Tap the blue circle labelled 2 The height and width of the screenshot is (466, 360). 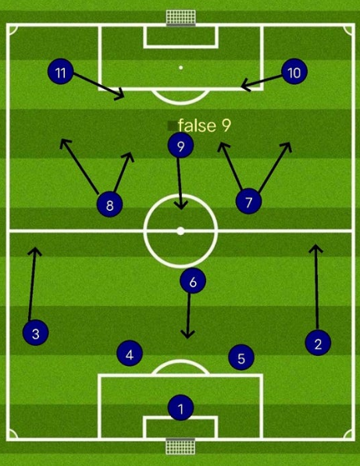pyautogui.click(x=318, y=343)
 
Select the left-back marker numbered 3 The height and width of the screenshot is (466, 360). pyautogui.click(x=36, y=333)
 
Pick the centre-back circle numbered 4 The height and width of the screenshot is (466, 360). pyautogui.click(x=130, y=353)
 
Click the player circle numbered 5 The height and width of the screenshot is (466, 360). pyautogui.click(x=241, y=358)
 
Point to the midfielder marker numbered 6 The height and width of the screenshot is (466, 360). pyautogui.click(x=193, y=280)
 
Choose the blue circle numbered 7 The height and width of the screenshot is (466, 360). pyautogui.click(x=248, y=201)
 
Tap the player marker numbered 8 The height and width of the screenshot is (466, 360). pyautogui.click(x=109, y=205)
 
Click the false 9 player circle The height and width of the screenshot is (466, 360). pyautogui.click(x=180, y=145)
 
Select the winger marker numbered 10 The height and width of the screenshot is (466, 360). pyautogui.click(x=294, y=71)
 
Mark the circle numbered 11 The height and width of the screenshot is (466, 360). pyautogui.click(x=61, y=71)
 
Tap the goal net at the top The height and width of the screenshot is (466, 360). pyautogui.click(x=180, y=17)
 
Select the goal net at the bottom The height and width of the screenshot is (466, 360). pyautogui.click(x=180, y=446)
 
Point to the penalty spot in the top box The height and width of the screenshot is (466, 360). pyautogui.click(x=180, y=68)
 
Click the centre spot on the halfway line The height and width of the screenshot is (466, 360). pyautogui.click(x=180, y=231)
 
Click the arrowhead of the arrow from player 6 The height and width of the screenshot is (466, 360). pyautogui.click(x=187, y=335)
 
